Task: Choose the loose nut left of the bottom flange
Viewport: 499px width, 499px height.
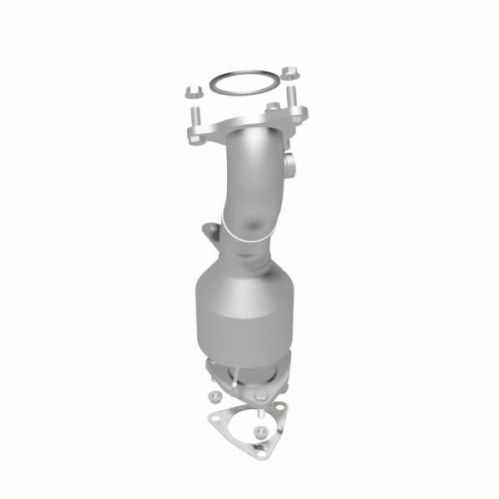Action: (x=215, y=396)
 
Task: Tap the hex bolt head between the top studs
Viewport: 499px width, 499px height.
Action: (x=272, y=107)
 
